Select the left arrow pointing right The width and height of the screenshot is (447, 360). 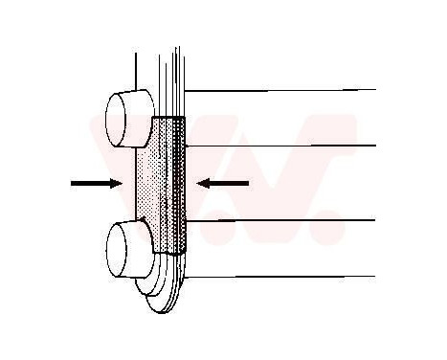coord(96,182)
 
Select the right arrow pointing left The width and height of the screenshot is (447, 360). coord(222,181)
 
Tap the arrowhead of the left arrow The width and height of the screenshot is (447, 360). coord(116,182)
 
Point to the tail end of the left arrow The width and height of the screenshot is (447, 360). coord(74,182)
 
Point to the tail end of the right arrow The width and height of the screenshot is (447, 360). coord(246,181)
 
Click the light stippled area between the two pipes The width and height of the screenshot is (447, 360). coord(148,187)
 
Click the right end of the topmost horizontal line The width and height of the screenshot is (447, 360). coord(374,89)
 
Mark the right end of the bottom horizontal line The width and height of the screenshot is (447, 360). coord(374,276)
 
